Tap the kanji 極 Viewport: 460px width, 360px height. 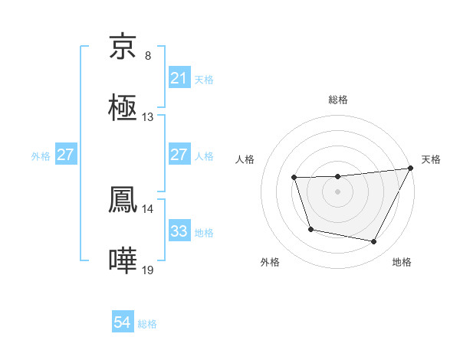coord(123,109)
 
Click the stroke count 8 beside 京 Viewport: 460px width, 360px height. coord(148,55)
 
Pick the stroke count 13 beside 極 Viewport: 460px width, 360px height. coord(148,117)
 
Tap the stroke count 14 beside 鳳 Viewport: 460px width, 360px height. coord(148,208)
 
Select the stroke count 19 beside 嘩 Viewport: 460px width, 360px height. coord(148,270)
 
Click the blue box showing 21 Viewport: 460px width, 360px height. coord(179,77)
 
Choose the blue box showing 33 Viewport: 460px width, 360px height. coord(179,231)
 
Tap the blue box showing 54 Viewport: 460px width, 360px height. coord(123,322)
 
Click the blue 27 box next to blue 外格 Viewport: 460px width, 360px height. coord(66,155)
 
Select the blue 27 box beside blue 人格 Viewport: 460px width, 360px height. coord(179,154)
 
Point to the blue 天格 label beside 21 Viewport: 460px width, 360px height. coord(204,79)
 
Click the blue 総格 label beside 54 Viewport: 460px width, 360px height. coord(147,324)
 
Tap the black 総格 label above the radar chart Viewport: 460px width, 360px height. coord(338,100)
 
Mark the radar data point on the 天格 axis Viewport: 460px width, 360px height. coord(411,169)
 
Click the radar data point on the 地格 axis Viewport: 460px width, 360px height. coord(374,242)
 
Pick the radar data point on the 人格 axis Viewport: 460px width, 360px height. coord(294,178)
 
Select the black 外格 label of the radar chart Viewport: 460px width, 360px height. coord(270,262)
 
